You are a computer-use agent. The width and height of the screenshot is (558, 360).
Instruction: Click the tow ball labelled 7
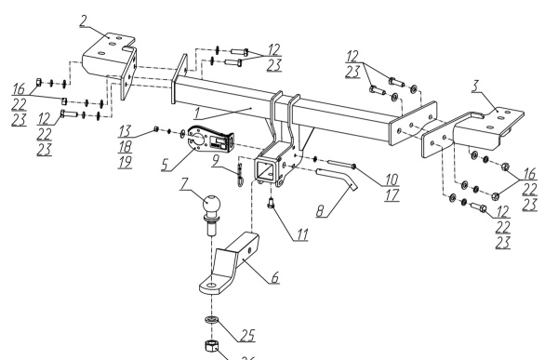[211, 214]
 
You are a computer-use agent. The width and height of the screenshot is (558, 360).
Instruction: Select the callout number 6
[274, 277]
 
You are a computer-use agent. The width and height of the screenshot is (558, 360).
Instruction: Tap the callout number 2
[83, 21]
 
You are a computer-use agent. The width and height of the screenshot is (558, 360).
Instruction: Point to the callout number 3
[476, 86]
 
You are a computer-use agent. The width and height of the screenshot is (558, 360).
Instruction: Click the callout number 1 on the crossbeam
[197, 113]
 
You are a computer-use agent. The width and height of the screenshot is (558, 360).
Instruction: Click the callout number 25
[248, 335]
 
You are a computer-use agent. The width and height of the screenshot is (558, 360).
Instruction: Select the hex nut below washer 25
[211, 345]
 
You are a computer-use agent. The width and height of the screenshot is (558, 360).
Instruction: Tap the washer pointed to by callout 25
[212, 319]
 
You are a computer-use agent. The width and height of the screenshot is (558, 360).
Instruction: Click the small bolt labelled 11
[272, 204]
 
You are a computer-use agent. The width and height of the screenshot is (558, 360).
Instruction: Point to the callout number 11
[301, 234]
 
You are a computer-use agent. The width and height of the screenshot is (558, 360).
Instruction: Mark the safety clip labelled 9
[240, 175]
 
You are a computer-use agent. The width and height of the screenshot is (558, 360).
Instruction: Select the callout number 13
[125, 131]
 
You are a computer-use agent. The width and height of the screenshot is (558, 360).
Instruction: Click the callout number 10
[392, 180]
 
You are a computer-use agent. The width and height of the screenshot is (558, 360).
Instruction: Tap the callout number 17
[392, 195]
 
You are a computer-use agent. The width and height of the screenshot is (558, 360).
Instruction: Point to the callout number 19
[125, 162]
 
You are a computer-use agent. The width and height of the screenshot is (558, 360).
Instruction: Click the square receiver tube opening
[264, 171]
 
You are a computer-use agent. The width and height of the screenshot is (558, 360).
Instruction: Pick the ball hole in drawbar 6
[211, 286]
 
